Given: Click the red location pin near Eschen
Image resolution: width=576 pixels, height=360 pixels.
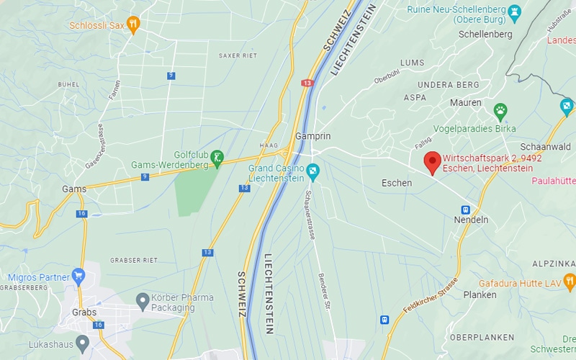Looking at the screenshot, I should (432, 162).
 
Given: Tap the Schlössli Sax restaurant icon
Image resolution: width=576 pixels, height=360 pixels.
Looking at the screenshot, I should (133, 24).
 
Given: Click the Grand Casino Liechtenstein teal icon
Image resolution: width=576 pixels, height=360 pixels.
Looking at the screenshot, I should (312, 172).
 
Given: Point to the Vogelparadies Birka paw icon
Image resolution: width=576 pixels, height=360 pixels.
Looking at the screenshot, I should (500, 111).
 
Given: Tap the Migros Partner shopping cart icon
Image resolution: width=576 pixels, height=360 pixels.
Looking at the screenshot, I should (78, 275).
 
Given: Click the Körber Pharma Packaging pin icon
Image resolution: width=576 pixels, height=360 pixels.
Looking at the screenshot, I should (143, 299).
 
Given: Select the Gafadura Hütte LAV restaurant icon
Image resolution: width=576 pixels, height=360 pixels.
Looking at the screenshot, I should (569, 280).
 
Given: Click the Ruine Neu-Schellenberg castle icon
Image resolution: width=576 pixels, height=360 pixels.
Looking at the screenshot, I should (514, 11).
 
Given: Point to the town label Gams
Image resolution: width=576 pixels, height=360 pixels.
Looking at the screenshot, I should (74, 189).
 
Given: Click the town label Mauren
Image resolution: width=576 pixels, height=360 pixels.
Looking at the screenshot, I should (466, 103).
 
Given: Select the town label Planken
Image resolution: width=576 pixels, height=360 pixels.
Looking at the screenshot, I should (480, 294).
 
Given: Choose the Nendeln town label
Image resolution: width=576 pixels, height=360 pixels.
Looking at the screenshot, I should (471, 220).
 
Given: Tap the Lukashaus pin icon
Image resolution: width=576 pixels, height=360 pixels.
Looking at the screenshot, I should (82, 343).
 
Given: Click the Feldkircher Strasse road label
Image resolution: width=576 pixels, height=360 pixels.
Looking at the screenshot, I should (431, 295).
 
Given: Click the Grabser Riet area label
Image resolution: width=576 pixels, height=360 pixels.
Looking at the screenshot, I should (133, 259).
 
